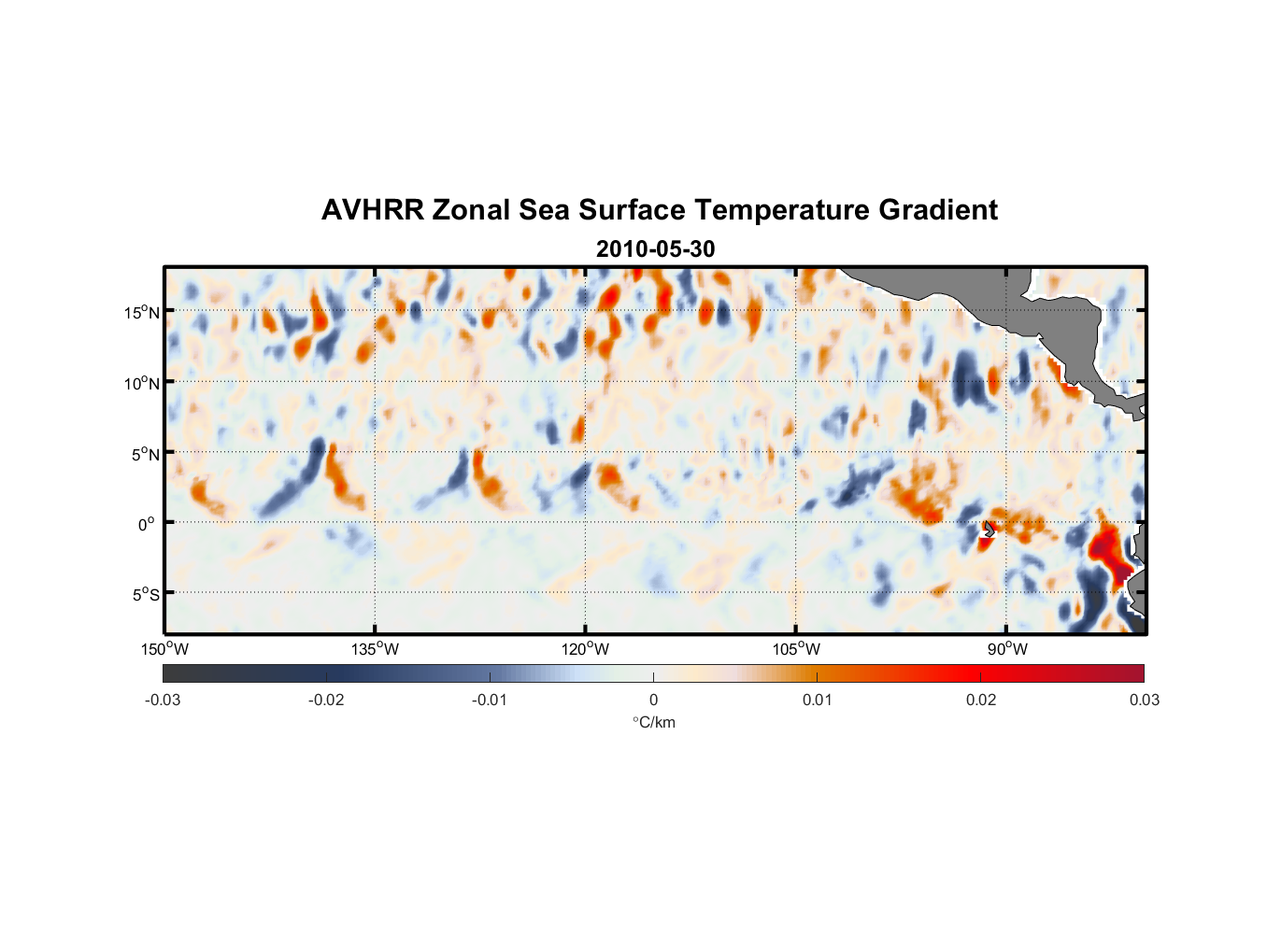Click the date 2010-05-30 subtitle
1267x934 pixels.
point(655,249)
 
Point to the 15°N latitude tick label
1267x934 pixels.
point(142,312)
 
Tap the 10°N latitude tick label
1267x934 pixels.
point(142,383)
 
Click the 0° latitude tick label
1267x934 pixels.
point(146,524)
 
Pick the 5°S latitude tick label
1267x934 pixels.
point(142,595)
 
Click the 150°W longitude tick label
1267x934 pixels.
point(165,649)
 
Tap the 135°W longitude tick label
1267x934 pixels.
point(376,649)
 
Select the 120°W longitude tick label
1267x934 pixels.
point(586,649)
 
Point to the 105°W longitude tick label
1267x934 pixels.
point(796,649)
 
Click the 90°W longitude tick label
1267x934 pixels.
point(1007,649)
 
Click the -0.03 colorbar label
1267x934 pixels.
point(163,700)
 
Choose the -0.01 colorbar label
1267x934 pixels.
point(490,700)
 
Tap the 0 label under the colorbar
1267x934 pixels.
point(653,700)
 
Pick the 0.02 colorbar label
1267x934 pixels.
point(981,700)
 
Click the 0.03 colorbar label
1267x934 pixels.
point(1144,700)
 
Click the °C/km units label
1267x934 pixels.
point(654,722)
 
